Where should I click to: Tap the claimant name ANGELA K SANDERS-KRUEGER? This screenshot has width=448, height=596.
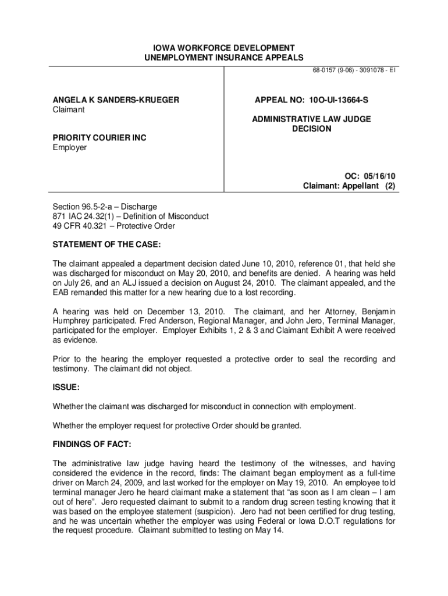coord(116,100)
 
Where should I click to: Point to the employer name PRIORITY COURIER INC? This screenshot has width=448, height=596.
coord(99,138)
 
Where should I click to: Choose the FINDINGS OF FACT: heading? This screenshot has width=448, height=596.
coord(92,445)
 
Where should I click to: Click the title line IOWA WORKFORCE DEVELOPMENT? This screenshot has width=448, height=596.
coord(224,48)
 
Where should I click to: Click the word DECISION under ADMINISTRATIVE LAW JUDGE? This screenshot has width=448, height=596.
coord(311,129)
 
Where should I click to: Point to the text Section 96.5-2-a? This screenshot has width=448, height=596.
coord(84,207)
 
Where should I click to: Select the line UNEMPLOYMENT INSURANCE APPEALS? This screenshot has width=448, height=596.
coord(224,58)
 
